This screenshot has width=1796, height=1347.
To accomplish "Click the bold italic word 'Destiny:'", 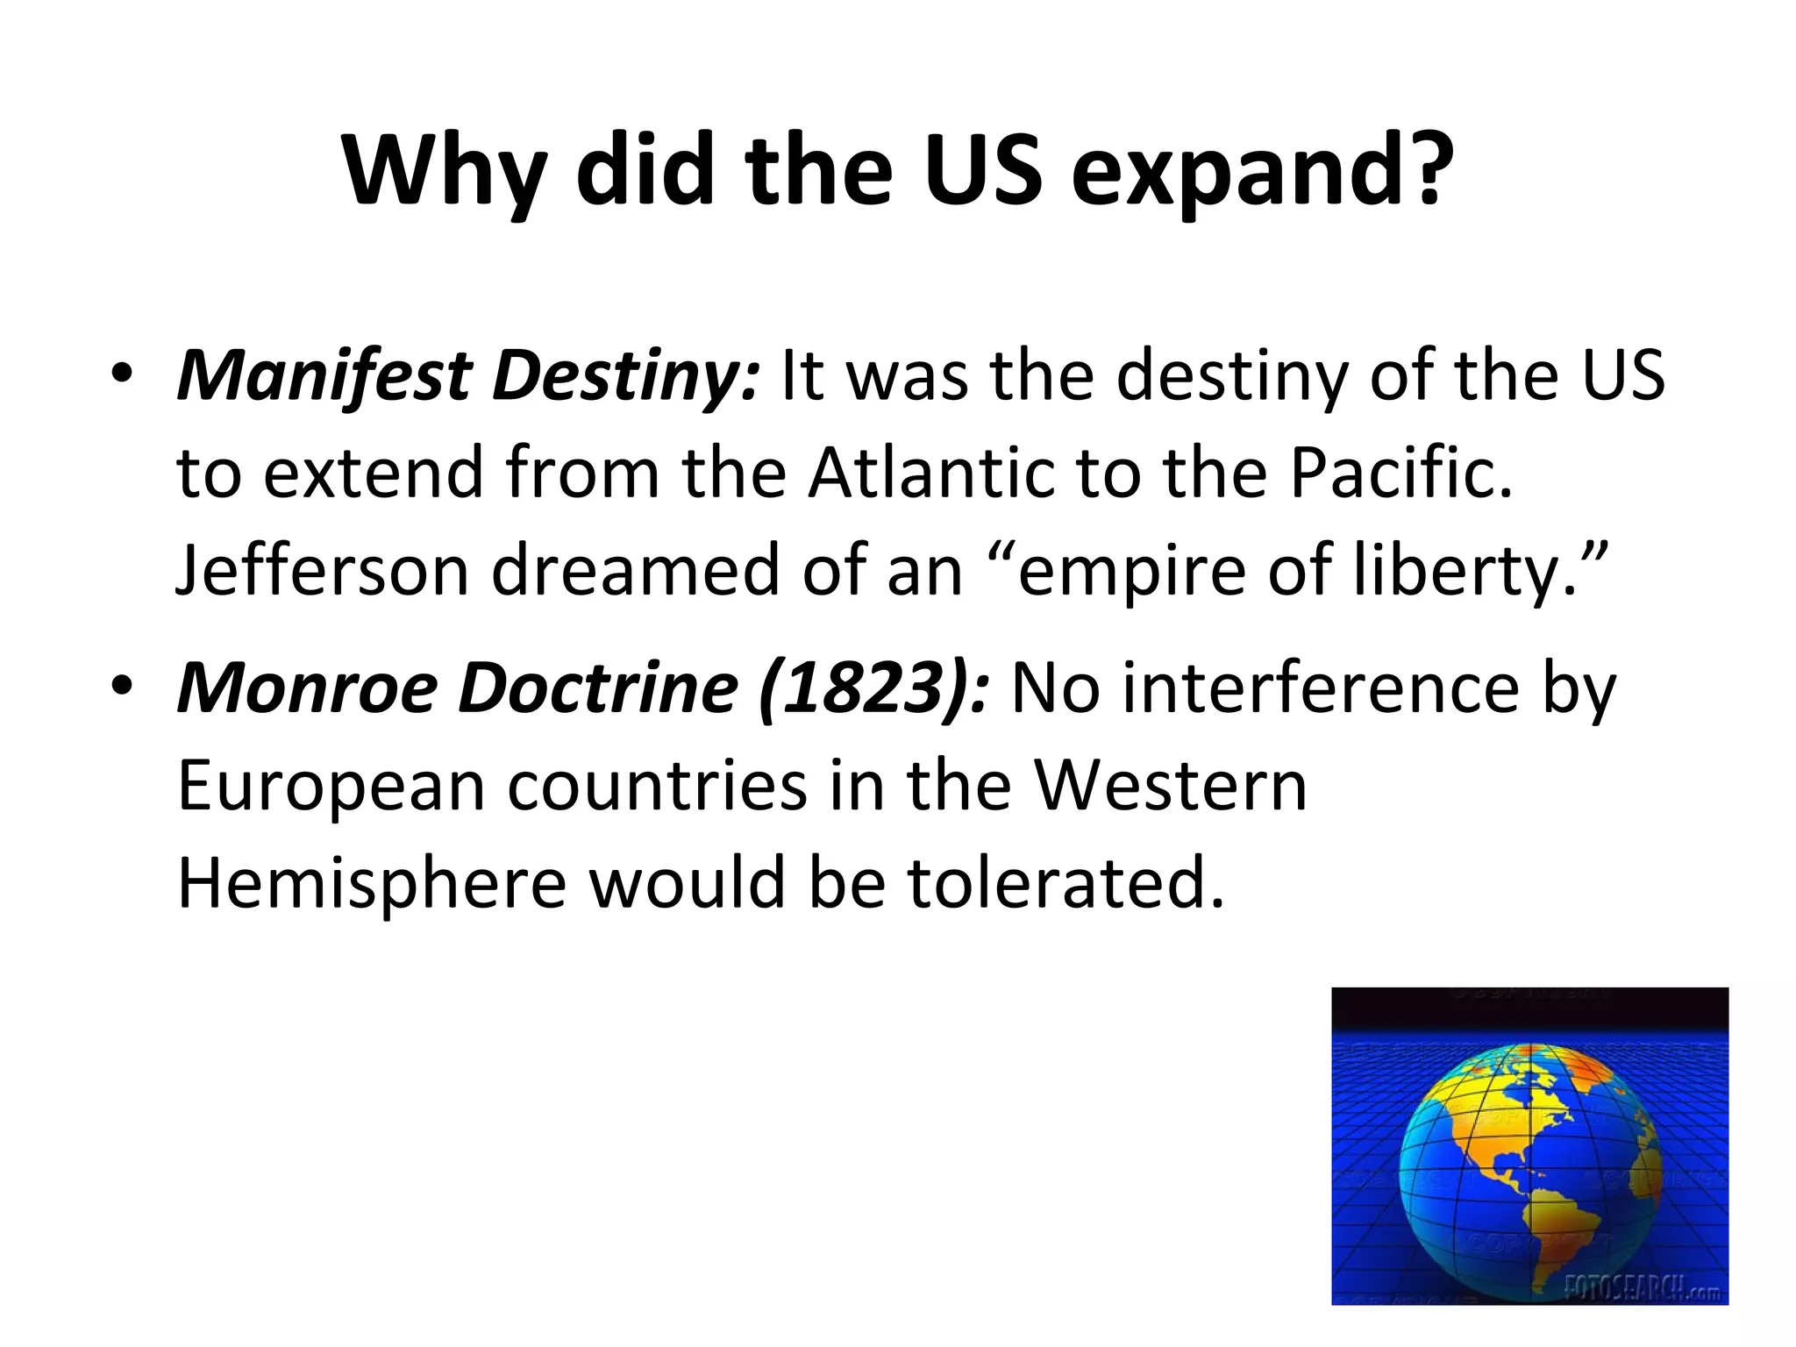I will click(625, 375).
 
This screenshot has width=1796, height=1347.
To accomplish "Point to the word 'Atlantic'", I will click(930, 474).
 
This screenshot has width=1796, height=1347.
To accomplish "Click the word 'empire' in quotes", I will click(1131, 571).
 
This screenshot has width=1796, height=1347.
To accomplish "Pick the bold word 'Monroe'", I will click(307, 688).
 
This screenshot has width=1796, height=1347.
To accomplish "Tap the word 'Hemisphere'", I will click(372, 883).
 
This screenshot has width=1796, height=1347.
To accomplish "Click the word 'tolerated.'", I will click(1065, 883).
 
